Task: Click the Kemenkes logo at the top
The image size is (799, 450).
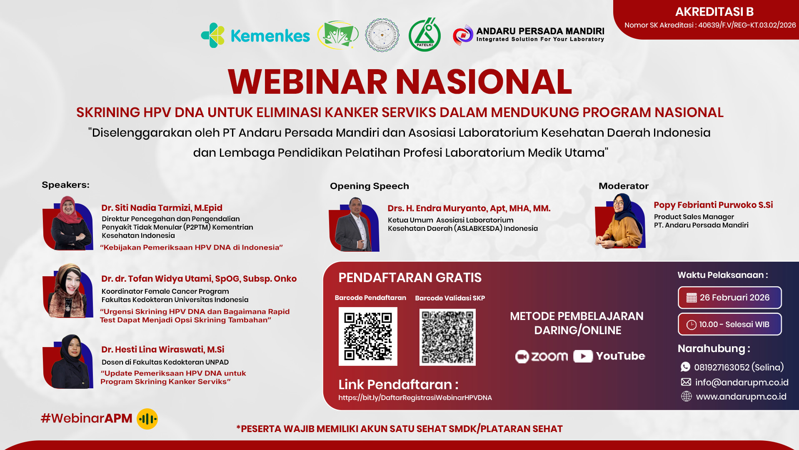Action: pos(255,36)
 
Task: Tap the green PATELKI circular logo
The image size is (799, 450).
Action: pos(424,35)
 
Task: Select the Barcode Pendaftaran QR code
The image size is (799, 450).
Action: pos(368,336)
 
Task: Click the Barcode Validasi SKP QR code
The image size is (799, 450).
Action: pos(447,337)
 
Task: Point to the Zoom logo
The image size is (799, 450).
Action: pos(541,356)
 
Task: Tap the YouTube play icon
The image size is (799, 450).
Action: pos(583,356)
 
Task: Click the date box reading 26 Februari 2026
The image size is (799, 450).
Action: pos(729,297)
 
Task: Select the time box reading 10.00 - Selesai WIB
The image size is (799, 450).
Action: pos(729,324)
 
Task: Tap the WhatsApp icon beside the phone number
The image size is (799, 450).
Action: pos(685,367)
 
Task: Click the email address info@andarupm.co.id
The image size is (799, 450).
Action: pos(742,382)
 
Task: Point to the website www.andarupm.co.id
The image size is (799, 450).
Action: pos(741,397)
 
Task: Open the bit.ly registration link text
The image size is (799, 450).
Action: pos(415,397)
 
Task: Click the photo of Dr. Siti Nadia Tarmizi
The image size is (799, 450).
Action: pos(68,224)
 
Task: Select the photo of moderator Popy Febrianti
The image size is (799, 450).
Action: pos(620,222)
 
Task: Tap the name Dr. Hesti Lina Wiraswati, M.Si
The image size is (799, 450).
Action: pos(162,349)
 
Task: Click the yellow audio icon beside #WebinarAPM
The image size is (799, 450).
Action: pos(147,419)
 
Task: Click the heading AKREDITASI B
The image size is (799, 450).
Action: pos(714,12)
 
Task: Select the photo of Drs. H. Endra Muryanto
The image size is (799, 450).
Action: pos(354,225)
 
